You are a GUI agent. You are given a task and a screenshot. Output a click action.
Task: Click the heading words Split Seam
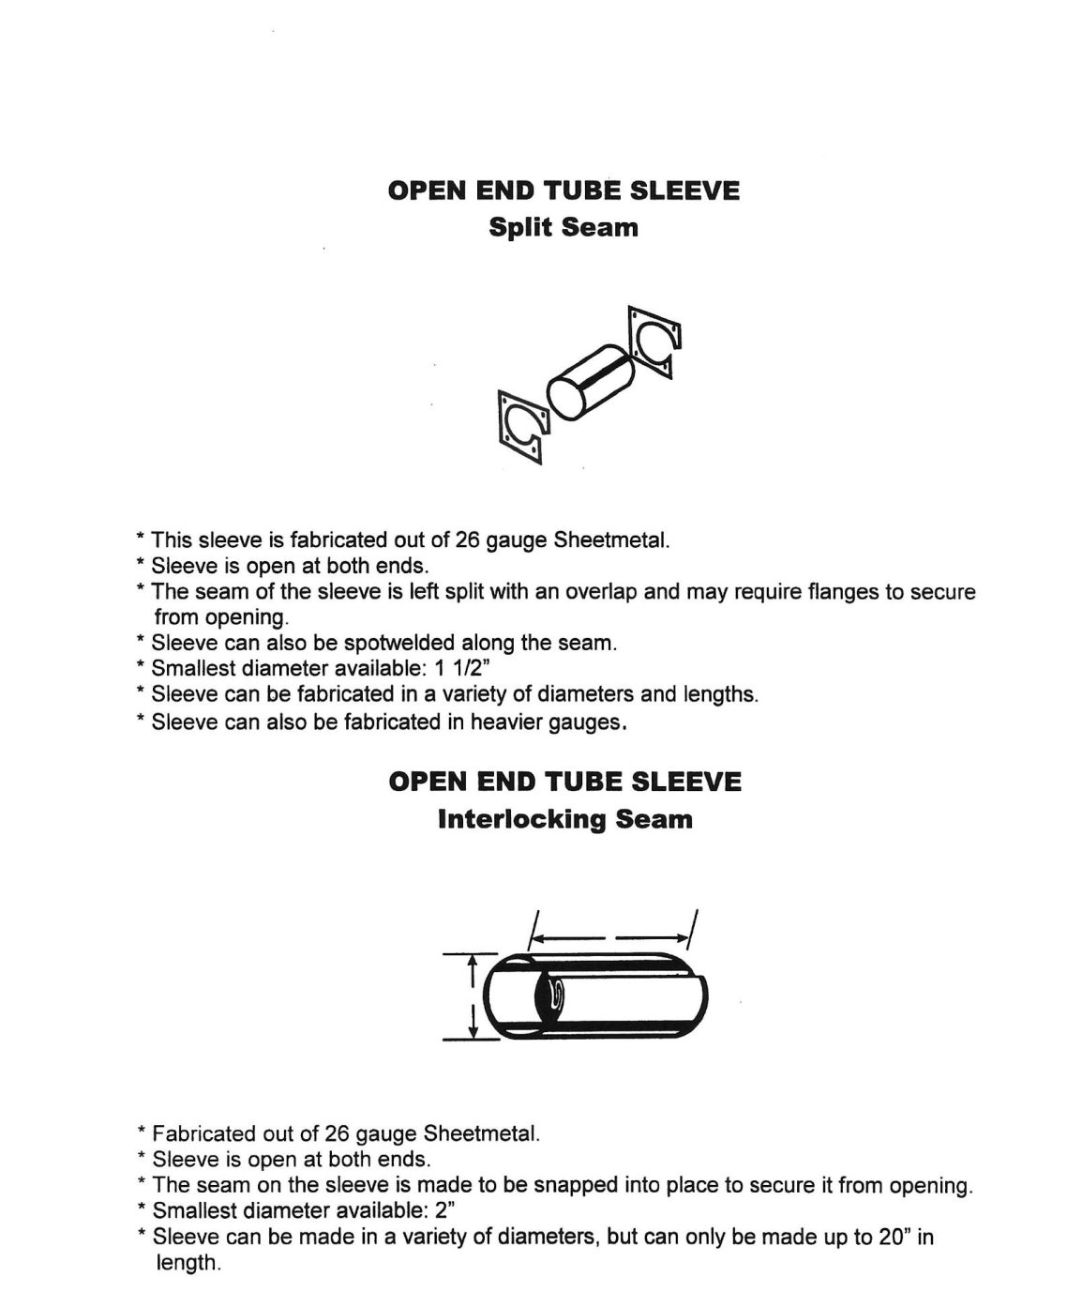(x=564, y=227)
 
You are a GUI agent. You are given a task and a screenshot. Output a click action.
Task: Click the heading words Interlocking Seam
(x=564, y=819)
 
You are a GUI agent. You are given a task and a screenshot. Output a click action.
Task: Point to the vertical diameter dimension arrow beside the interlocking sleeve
(x=473, y=995)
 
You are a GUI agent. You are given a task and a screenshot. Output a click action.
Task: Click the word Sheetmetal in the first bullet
(x=611, y=540)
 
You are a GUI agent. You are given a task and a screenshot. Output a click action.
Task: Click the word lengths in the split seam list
(x=721, y=695)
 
